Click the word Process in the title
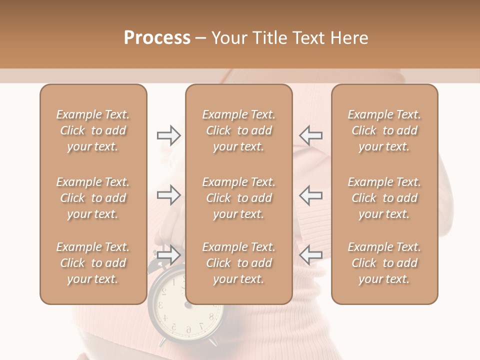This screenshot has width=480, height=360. pyautogui.click(x=157, y=38)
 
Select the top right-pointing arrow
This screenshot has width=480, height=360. pyautogui.click(x=168, y=135)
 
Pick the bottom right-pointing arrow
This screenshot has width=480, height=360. pyautogui.click(x=168, y=255)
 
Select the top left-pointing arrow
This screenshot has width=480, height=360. pyautogui.click(x=311, y=135)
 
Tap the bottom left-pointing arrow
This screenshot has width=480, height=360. pyautogui.click(x=311, y=255)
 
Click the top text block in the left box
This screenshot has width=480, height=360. pyautogui.click(x=93, y=130)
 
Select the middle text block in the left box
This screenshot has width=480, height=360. pyautogui.click(x=93, y=198)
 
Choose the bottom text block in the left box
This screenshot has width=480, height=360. pyautogui.click(x=93, y=263)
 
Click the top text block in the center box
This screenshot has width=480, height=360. pyautogui.click(x=238, y=130)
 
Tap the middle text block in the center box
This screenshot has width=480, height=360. pyautogui.click(x=238, y=198)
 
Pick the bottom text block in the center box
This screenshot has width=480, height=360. pyautogui.click(x=238, y=263)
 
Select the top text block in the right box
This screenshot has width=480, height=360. pyautogui.click(x=384, y=130)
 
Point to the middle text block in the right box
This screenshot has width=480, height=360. pyautogui.click(x=384, y=198)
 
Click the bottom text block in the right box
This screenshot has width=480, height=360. pyautogui.click(x=384, y=263)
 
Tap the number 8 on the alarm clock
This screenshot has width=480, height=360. pyautogui.click(x=211, y=316)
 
